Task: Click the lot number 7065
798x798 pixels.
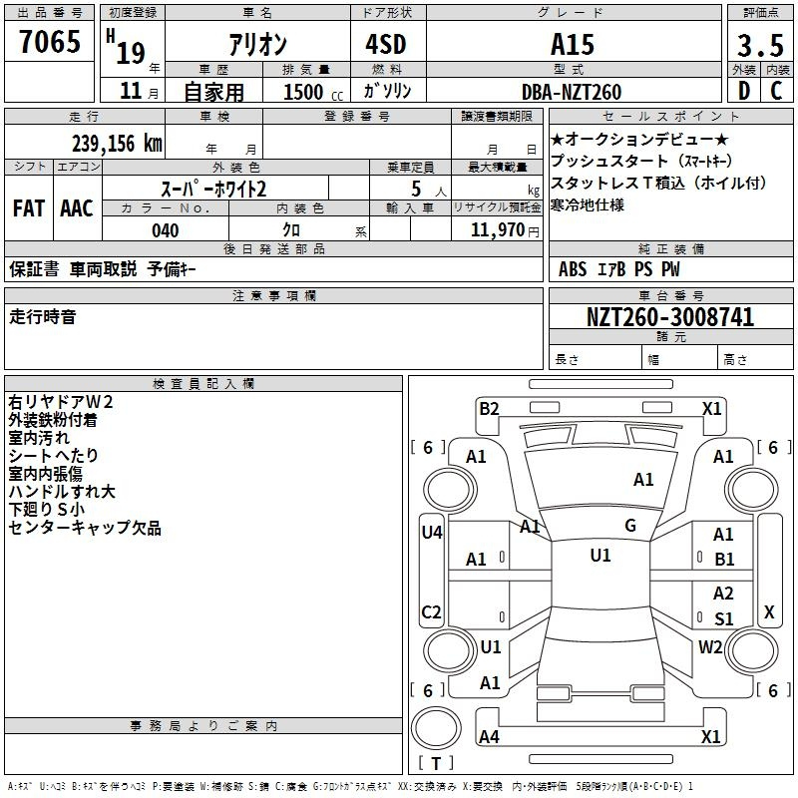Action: [x=50, y=41]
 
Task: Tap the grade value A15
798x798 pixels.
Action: [x=573, y=44]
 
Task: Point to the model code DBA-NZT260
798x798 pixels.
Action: [x=572, y=92]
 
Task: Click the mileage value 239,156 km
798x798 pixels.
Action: [x=116, y=143]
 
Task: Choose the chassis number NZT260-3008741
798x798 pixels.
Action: [x=669, y=317]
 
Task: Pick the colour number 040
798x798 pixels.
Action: [x=166, y=230]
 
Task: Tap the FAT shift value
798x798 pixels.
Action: [x=29, y=207]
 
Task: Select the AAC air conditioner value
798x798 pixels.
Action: [x=77, y=207]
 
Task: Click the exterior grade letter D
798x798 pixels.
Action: [x=743, y=91]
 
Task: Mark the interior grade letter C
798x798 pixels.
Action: [x=776, y=91]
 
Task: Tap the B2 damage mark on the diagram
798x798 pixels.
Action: [x=489, y=408]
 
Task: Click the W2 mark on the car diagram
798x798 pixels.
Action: [x=710, y=646]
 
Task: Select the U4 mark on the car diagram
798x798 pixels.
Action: [x=431, y=532]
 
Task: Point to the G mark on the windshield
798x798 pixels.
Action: [x=630, y=526]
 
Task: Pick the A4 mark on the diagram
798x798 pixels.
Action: [x=489, y=737]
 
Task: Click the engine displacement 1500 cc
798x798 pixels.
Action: [x=304, y=92]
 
